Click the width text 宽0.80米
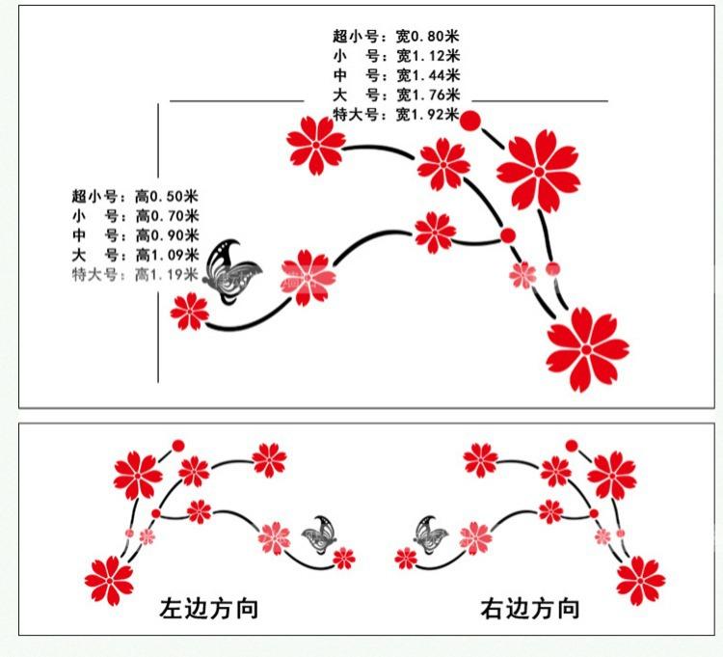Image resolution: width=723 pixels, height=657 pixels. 428,37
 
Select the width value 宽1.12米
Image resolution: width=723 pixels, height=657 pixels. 428,56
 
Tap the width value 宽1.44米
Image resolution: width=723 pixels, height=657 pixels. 428,75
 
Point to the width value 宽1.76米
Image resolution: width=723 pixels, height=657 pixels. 428,95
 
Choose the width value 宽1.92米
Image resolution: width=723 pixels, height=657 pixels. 428,115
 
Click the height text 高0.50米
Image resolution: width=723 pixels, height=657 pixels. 167,197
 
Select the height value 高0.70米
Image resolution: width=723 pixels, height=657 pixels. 167,216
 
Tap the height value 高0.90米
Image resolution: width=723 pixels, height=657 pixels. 167,235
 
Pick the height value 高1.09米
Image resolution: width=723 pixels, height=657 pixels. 167,256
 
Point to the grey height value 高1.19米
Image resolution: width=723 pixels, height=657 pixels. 167,275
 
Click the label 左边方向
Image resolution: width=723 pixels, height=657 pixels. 209,609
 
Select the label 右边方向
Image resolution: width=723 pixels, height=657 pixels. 530,609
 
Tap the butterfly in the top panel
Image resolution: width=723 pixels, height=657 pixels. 233,272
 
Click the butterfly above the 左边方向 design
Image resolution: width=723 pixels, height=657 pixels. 318,534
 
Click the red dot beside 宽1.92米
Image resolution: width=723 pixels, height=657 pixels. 470,121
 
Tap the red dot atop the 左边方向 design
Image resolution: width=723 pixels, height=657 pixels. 178,445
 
